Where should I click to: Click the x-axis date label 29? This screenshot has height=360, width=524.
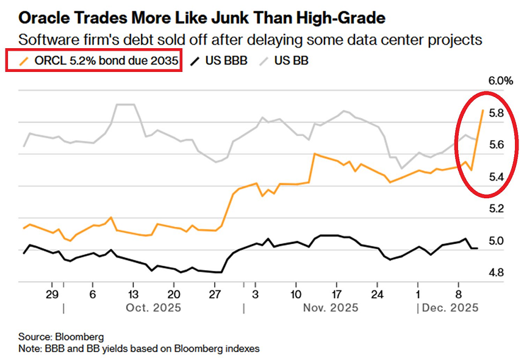click(52, 293)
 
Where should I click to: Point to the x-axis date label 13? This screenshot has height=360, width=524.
click(133, 293)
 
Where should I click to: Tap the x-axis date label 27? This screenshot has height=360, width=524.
click(214, 293)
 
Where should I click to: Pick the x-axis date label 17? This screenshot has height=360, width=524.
click(336, 293)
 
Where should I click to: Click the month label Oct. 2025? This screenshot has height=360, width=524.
click(154, 309)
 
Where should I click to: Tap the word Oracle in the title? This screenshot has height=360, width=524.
click(40, 18)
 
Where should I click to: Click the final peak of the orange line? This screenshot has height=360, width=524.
click(483, 110)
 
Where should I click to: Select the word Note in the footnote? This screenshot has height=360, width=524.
click(30, 348)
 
